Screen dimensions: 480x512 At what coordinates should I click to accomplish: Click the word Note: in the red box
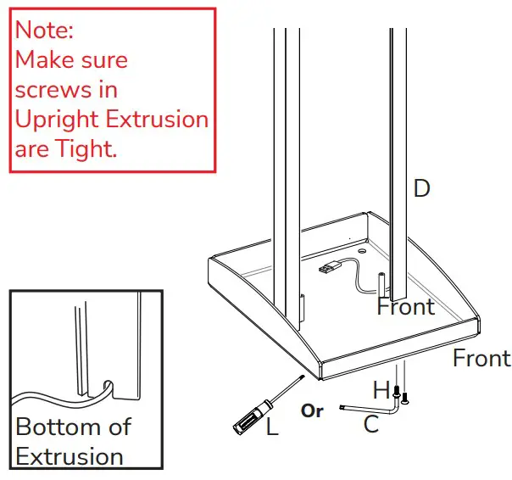tap(45, 31)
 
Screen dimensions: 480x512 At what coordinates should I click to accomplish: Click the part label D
tap(421, 188)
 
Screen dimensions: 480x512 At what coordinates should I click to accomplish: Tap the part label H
tap(381, 391)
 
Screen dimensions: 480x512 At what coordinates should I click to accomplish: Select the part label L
tap(272, 427)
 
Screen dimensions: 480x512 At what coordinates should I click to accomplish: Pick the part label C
tap(371, 425)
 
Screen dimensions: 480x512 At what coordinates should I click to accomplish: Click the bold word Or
tap(312, 411)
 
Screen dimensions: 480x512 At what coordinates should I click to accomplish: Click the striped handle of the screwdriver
tap(247, 416)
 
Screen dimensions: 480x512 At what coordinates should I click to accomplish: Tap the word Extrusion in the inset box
tap(70, 456)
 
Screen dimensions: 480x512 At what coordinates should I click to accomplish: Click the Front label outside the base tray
tap(481, 359)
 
